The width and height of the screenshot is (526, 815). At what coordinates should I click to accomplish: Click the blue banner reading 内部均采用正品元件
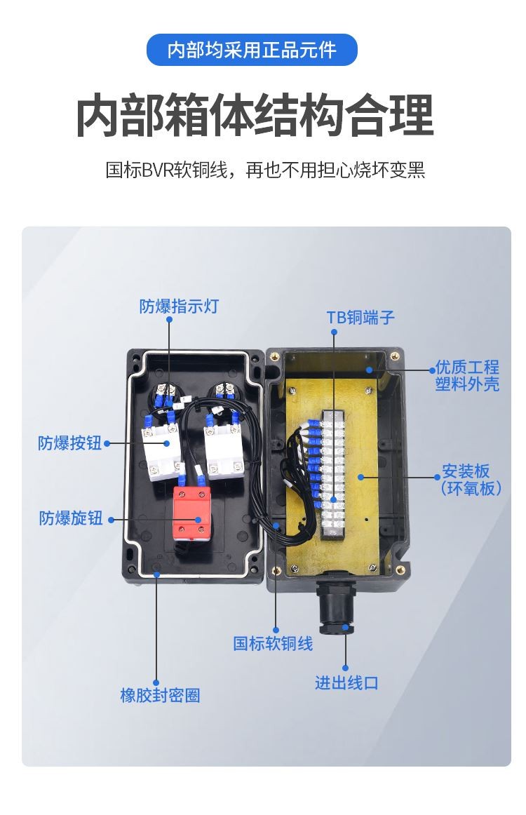(x=252, y=50)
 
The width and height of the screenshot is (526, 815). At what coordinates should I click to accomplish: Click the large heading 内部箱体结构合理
(x=255, y=116)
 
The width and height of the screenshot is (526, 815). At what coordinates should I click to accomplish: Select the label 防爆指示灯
(x=179, y=306)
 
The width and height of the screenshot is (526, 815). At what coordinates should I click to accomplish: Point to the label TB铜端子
(x=360, y=317)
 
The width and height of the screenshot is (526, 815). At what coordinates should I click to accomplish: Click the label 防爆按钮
(x=69, y=443)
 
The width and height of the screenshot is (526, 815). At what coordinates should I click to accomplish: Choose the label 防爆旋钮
(x=71, y=518)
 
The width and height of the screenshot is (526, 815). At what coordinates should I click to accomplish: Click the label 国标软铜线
(x=273, y=643)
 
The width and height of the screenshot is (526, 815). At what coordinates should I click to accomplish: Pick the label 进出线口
(x=346, y=682)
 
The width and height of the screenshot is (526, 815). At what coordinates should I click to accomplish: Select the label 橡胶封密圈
(x=160, y=695)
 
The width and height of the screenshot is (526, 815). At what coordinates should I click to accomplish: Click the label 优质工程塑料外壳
(x=467, y=375)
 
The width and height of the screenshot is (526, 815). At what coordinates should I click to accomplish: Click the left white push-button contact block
(x=163, y=451)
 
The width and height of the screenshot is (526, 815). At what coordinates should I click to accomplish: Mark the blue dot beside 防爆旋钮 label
(x=110, y=519)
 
